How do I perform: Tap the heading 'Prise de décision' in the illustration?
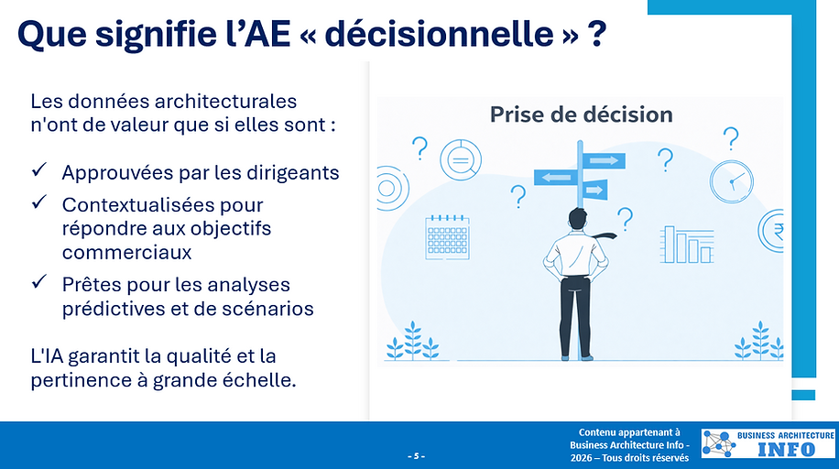[581, 115]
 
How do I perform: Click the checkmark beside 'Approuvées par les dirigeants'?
[39, 171]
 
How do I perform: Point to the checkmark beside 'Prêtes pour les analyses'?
[39, 284]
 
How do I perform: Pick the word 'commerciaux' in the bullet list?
[126, 250]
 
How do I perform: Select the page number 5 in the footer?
[416, 455]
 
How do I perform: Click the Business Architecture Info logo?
[768, 443]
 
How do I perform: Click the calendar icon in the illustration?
[447, 235]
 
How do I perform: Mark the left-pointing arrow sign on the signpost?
[555, 178]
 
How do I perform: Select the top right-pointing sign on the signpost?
[603, 160]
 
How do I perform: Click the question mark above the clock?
[731, 139]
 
